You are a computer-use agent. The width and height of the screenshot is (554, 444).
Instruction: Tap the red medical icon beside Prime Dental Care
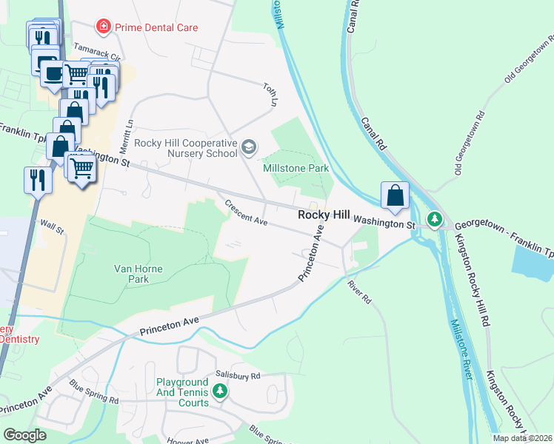click(104, 27)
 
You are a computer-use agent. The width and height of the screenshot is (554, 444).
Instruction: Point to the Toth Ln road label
click(270, 93)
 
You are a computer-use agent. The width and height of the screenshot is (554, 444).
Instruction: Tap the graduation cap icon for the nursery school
click(249, 147)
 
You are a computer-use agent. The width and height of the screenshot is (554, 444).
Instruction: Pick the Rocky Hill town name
click(323, 215)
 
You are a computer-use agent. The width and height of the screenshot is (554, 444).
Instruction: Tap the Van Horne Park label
click(131, 274)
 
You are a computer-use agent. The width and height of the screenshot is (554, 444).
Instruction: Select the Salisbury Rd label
click(238, 376)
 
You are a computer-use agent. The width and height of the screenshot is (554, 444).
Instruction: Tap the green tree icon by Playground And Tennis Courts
click(219, 390)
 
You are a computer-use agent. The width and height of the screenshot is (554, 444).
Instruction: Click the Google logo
click(25, 434)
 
